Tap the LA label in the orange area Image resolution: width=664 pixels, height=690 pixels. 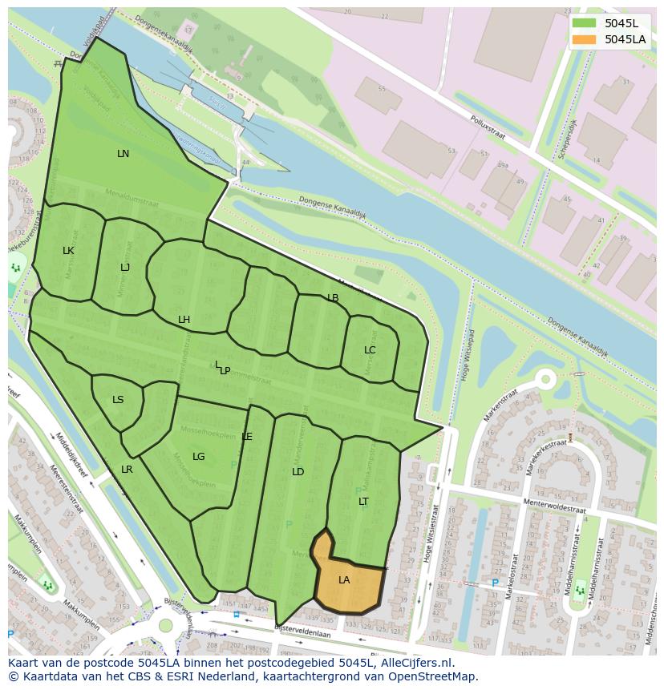344,580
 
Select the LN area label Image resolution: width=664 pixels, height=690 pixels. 123,154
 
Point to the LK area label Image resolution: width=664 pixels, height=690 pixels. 68,251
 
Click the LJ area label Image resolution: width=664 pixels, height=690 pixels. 125,268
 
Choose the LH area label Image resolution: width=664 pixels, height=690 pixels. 184,320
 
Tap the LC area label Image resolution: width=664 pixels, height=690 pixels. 370,350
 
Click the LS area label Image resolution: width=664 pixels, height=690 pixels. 118,400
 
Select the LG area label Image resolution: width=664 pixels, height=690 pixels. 199,457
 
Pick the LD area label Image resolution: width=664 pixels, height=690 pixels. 298,472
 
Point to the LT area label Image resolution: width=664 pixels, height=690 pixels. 363,502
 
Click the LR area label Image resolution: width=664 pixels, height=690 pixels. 127,470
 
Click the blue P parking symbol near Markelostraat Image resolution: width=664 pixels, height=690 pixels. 495,583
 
